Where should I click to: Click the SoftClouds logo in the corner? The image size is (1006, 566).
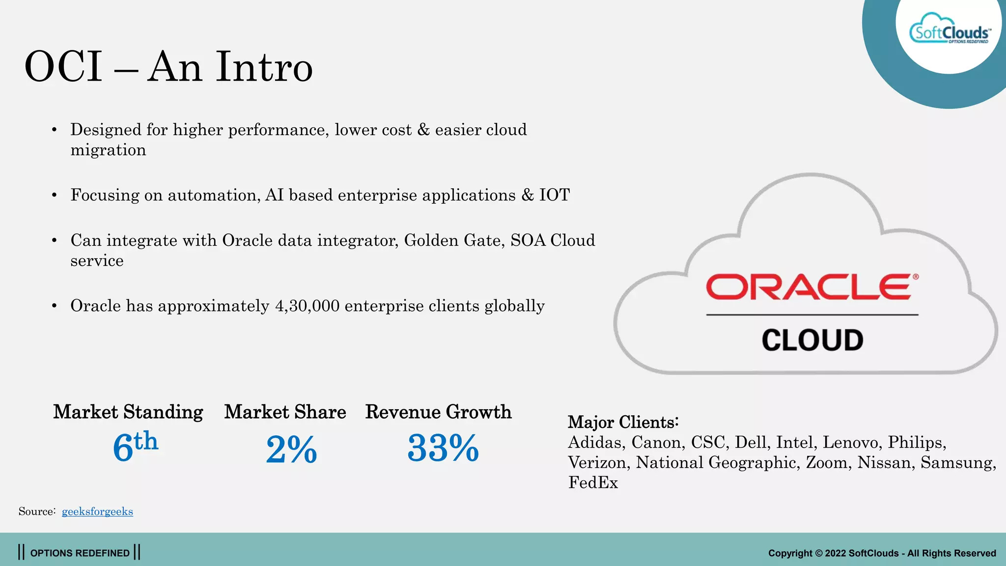(x=949, y=32)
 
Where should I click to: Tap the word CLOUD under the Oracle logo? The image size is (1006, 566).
(x=812, y=340)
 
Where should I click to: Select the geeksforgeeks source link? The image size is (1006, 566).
(x=97, y=511)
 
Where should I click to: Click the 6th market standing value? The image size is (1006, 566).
(x=135, y=447)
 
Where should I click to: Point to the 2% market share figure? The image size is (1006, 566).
(x=291, y=449)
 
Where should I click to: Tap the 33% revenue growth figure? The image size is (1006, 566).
(x=443, y=448)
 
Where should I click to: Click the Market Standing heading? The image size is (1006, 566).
(x=128, y=412)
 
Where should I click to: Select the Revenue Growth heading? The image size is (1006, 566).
(x=438, y=412)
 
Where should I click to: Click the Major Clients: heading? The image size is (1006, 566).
(x=623, y=422)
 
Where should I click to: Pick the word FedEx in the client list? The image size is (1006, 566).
(x=593, y=482)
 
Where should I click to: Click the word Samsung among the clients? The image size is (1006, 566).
(x=957, y=462)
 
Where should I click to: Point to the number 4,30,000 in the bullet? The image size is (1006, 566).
(x=307, y=306)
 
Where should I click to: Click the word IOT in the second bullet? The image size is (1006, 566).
(x=554, y=195)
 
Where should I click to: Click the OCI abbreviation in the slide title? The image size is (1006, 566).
(x=63, y=67)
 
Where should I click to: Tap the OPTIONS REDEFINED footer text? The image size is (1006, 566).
(x=80, y=553)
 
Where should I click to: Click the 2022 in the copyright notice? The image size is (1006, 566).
(x=835, y=553)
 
